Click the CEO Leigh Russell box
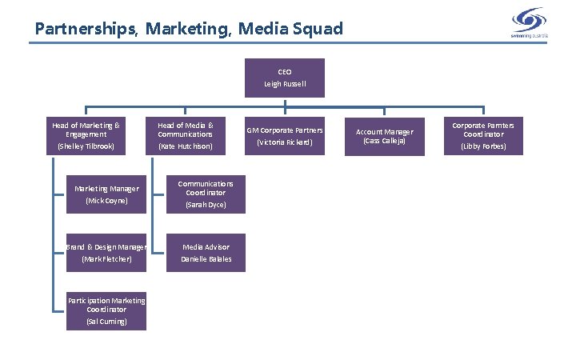click(x=285, y=78)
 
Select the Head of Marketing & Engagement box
click(x=86, y=135)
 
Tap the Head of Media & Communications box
click(x=186, y=135)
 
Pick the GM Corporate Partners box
click(x=285, y=135)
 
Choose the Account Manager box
click(x=384, y=136)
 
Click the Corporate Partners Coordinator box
click(x=483, y=135)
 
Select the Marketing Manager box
click(x=106, y=194)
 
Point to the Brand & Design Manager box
click(x=106, y=252)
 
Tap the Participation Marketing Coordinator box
click(x=106, y=310)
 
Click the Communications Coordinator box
click(x=206, y=194)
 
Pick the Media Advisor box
click(x=206, y=252)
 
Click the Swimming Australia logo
click(x=528, y=22)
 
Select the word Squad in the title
click(x=319, y=30)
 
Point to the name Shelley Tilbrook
click(x=86, y=147)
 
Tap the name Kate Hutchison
click(x=186, y=147)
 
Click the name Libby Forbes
click(x=483, y=146)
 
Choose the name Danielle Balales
click(x=206, y=259)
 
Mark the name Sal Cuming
click(x=106, y=322)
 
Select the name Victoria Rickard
click(x=285, y=143)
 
